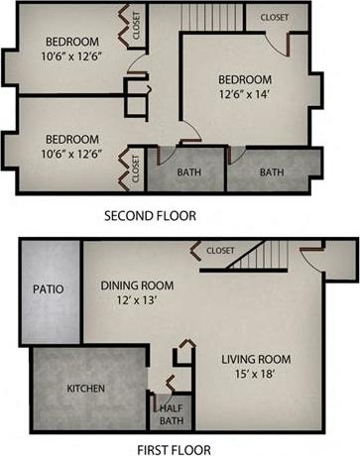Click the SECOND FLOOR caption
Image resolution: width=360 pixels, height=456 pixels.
click(150, 214)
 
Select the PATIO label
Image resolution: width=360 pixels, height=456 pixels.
click(47, 290)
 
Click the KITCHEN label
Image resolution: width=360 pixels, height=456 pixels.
click(85, 389)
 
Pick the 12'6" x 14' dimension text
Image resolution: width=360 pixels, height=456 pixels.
click(244, 96)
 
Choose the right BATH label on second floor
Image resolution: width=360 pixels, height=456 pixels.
click(271, 172)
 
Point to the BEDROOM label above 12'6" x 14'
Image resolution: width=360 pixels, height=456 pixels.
click(244, 80)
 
